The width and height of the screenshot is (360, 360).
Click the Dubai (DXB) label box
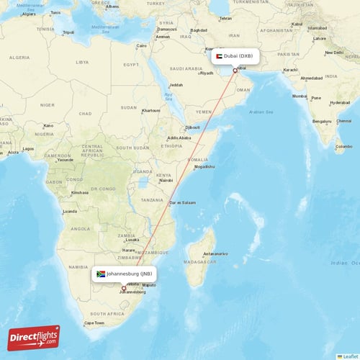(x=235, y=55)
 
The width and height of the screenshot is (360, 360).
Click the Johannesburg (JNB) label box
(x=124, y=274)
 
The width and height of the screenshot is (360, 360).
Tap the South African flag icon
(x=101, y=274)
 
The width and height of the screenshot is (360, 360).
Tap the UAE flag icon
(x=218, y=55)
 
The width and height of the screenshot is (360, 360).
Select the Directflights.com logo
(x=35, y=338)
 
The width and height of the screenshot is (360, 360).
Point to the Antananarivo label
(x=215, y=253)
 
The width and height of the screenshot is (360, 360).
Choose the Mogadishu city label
(x=204, y=166)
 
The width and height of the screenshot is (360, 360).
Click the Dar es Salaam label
(x=182, y=202)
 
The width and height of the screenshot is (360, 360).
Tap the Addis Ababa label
(x=179, y=138)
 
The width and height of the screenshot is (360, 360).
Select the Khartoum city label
(x=150, y=110)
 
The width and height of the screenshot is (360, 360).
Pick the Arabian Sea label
(x=261, y=112)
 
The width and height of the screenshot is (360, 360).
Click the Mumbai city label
(x=300, y=96)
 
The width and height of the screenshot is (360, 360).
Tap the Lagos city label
(x=28, y=149)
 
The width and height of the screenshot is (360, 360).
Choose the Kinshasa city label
(x=80, y=192)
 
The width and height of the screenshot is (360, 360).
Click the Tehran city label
(x=225, y=18)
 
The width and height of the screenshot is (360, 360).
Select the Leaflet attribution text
(x=351, y=356)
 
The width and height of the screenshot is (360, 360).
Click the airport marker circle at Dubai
(x=235, y=71)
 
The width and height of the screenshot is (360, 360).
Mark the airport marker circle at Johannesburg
(x=123, y=288)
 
